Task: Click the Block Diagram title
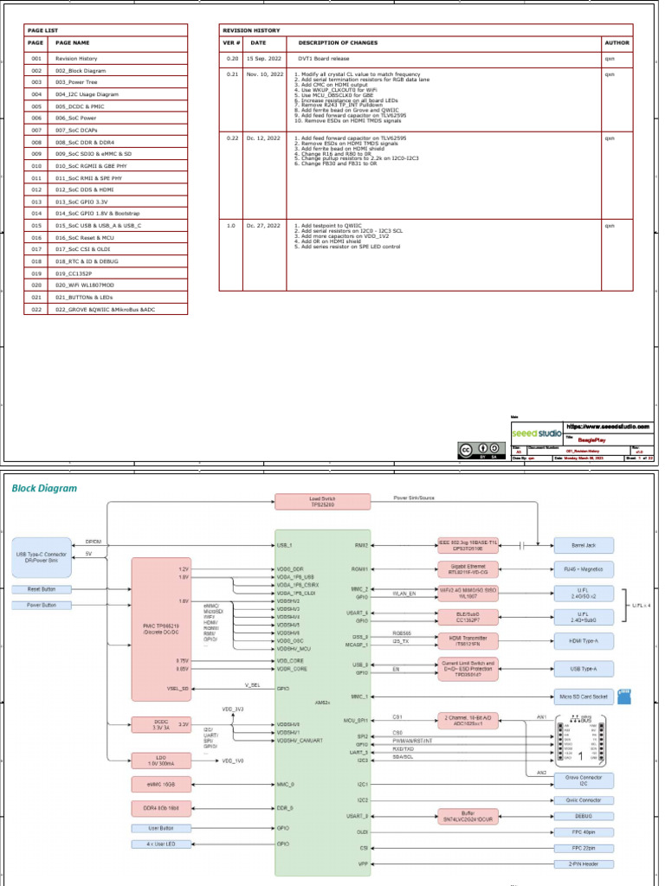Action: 43,488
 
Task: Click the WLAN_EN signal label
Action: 405,594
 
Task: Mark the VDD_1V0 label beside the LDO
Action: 233,761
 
